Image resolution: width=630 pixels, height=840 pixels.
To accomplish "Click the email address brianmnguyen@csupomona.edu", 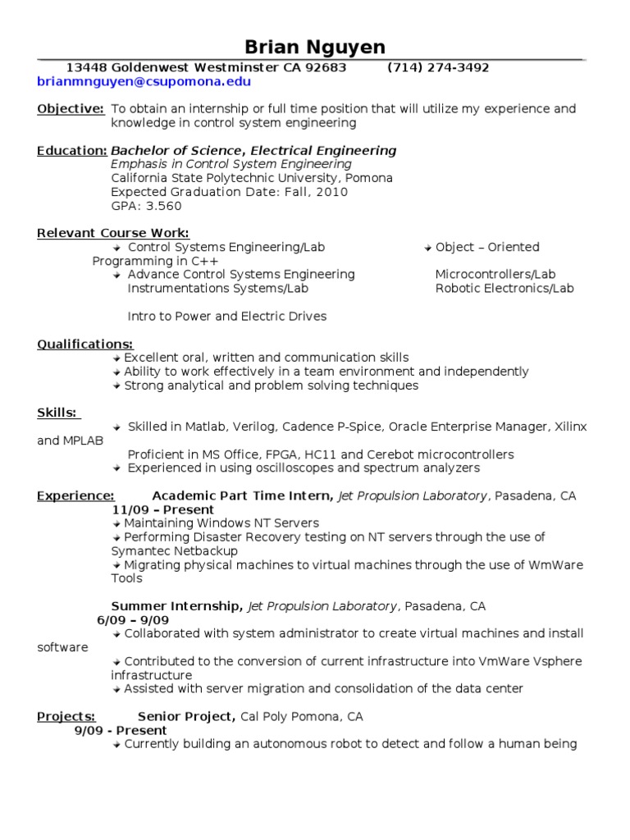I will [144, 82].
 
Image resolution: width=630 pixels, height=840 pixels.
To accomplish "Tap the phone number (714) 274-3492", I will [438, 67].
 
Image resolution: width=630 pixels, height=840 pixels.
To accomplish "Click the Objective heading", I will [71, 109].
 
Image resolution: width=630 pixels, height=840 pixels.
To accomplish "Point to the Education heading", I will [72, 151].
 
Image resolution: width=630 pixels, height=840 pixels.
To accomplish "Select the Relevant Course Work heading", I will [113, 234].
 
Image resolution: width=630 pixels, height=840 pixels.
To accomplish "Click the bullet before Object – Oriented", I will [428, 248].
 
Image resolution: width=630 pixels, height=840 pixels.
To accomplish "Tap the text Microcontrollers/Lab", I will [495, 275].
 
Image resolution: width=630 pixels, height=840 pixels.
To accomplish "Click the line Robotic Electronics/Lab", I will [504, 289].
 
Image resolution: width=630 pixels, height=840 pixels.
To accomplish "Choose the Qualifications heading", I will [85, 345].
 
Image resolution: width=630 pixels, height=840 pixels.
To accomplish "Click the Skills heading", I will [57, 413].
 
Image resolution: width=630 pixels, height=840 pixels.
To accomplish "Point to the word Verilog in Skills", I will [255, 427].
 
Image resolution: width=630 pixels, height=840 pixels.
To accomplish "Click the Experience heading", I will [75, 495].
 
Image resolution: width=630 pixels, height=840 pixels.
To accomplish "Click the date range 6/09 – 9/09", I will [133, 620].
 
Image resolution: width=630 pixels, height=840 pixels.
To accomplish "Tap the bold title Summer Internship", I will [176, 606].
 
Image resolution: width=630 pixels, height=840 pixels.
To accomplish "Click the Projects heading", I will [66, 717].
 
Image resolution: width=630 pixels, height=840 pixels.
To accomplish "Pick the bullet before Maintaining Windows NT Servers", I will [117, 523].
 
